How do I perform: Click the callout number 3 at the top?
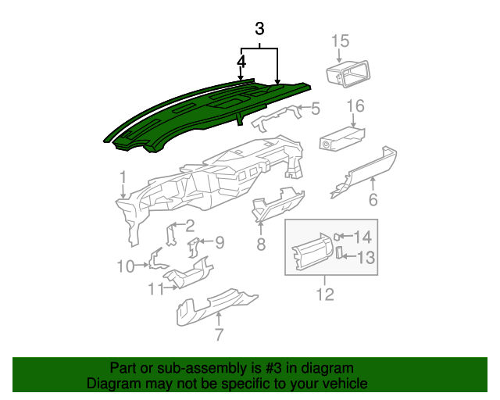(x=260, y=30)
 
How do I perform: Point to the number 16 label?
(x=355, y=105)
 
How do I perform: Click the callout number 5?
(x=316, y=109)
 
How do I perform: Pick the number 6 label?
(x=373, y=200)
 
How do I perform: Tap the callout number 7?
(x=219, y=335)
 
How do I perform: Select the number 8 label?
(x=261, y=245)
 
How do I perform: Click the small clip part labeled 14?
(x=337, y=236)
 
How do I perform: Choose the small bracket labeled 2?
(x=170, y=234)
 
